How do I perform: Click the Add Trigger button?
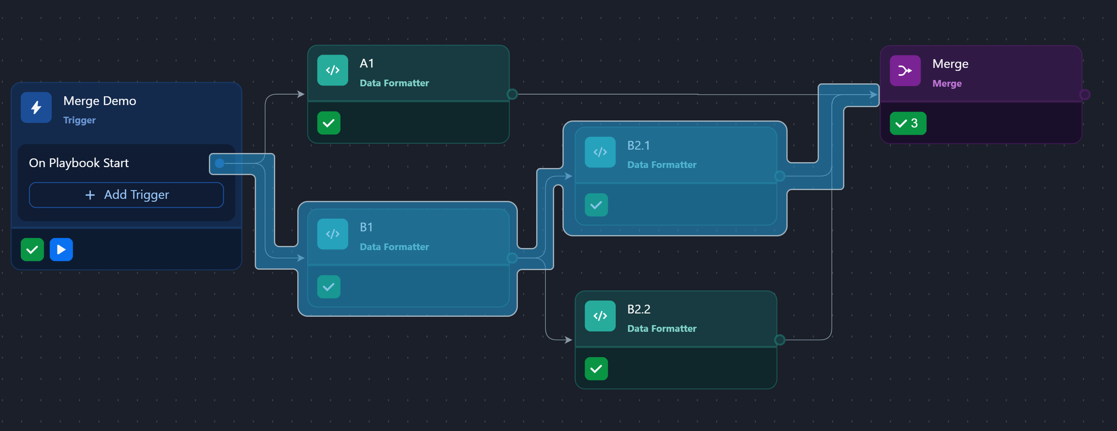[126, 195]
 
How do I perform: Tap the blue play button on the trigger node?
[61, 250]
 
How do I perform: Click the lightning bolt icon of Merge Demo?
[36, 108]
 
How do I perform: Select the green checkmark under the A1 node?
[328, 123]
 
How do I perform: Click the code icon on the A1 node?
[332, 70]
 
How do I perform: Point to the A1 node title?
[366, 64]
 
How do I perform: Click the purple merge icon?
[904, 71]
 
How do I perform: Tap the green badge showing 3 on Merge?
[908, 123]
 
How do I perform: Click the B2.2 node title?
[638, 309]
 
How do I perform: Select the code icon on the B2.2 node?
[600, 316]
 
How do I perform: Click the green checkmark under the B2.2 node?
[596, 369]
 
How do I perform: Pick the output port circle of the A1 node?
[512, 94]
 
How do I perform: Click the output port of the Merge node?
[1084, 95]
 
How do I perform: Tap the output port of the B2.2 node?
[780, 340]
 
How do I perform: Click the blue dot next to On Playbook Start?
[219, 163]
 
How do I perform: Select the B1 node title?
[366, 227]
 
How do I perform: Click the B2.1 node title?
[638, 146]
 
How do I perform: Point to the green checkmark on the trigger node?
[32, 250]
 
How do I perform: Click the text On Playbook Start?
[78, 163]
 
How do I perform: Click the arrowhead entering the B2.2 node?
[568, 340]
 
